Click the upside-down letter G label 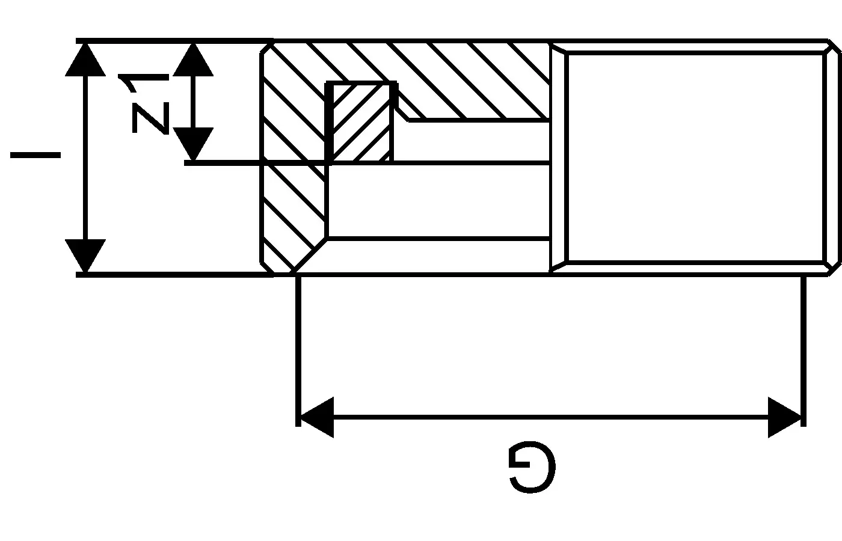tap(532, 466)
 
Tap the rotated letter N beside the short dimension tap(150, 118)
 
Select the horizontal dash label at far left tap(35, 155)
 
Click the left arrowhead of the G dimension tap(317, 417)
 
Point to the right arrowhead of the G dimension tap(784, 417)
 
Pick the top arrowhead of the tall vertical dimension tap(85, 60)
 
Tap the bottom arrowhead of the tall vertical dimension tap(85, 256)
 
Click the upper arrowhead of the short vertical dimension tap(193, 60)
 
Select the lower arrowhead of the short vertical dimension tap(193, 144)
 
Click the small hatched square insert tap(360, 123)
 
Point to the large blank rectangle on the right tap(695, 157)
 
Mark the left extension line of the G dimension tap(298, 351)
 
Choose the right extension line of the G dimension tap(804, 351)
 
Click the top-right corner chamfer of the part tap(834, 47)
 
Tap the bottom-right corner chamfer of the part tap(834, 268)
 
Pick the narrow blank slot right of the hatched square tap(472, 142)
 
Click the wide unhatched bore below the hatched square tap(438, 201)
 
